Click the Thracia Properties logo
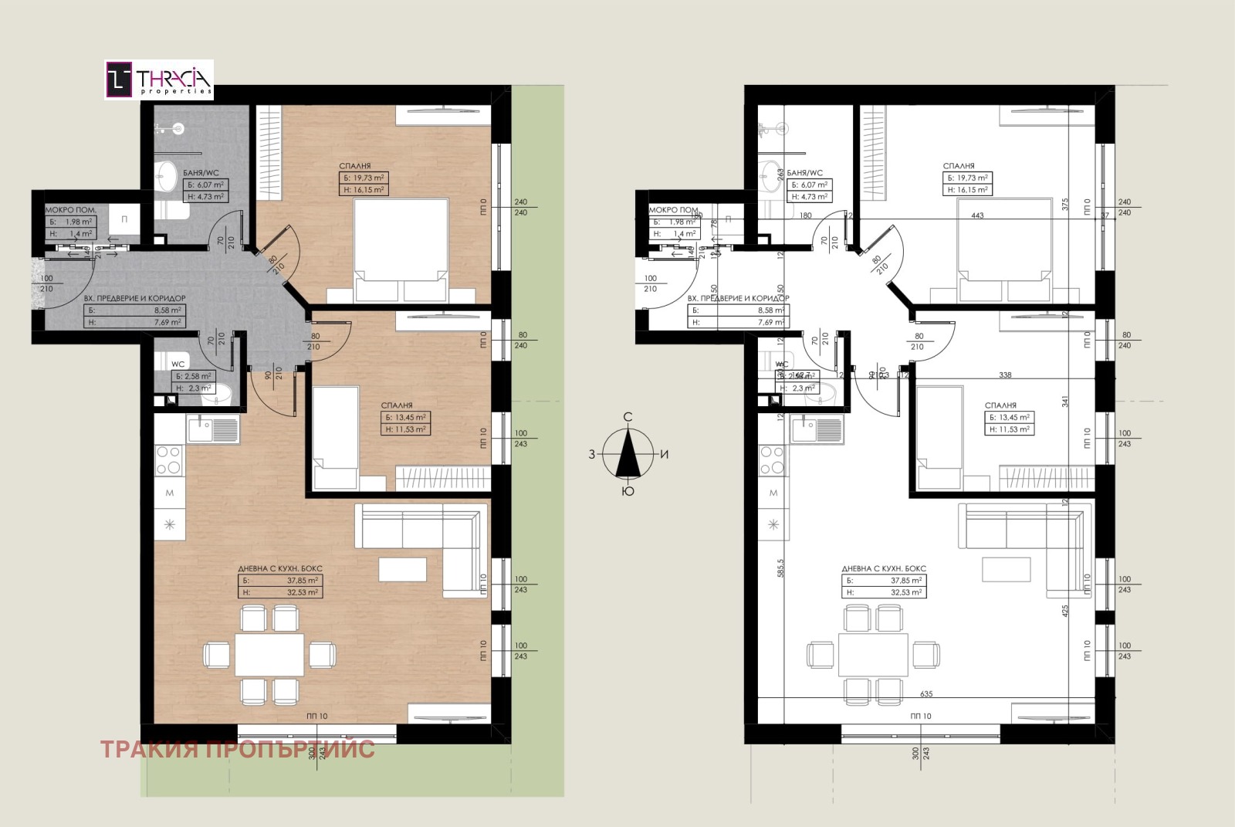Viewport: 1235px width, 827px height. coord(159,80)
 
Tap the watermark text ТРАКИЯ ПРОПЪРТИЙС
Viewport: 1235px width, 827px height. coord(237,749)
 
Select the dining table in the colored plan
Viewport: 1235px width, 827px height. coord(269,655)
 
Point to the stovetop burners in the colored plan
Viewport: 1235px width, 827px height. coord(170,460)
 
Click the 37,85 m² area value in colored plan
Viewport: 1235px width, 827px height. coord(303,581)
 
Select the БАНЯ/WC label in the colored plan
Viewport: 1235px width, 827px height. coord(201,173)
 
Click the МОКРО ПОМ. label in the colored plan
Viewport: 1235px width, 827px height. coord(70,210)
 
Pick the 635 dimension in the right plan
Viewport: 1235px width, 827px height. coord(927,693)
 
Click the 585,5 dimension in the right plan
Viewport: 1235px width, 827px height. coord(780,568)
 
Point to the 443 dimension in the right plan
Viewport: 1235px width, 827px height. coord(978,215)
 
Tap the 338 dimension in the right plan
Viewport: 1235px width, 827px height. coord(1005,375)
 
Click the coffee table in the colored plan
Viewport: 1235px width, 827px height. coord(402,569)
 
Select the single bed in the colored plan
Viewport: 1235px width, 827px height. coord(335,437)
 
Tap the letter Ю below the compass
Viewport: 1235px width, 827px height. coord(628,491)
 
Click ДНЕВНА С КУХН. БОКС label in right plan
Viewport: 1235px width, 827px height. coord(884,568)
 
